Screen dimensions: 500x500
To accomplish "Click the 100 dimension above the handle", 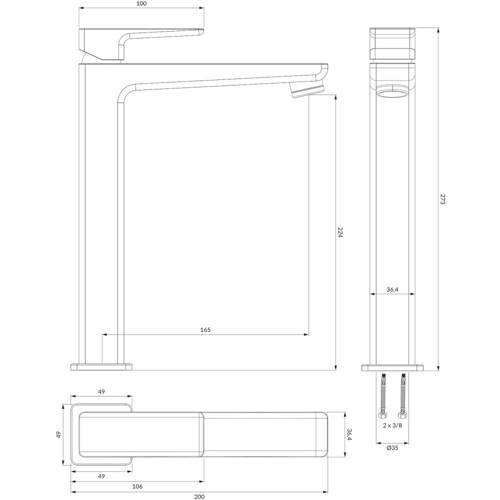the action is pos(141,3).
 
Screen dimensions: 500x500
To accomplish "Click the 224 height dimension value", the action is pos(340,232).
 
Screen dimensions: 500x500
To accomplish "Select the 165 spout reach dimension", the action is pos(205,329).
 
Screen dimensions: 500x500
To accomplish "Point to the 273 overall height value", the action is pos(442,199).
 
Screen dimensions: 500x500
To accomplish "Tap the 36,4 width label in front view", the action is pos(392,289).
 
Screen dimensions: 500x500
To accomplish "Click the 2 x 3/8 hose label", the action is pos(392,425).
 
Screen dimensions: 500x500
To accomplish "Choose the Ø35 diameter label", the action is pos(392,447).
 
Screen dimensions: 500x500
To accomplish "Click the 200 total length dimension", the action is pos(199,496).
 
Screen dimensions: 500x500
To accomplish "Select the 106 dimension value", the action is pos(137,486).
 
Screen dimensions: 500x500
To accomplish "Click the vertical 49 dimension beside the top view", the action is pos(58,434).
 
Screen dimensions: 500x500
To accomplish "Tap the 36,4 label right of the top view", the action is pos(349,434).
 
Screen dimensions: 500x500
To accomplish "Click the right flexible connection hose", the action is pos(402,395).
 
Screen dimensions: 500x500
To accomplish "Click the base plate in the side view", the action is pos(101,366).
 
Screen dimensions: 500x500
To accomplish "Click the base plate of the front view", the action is pos(392,368).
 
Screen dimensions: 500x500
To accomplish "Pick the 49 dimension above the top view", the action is pos(101,391).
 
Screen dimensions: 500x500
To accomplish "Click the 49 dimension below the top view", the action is pos(101,476).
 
